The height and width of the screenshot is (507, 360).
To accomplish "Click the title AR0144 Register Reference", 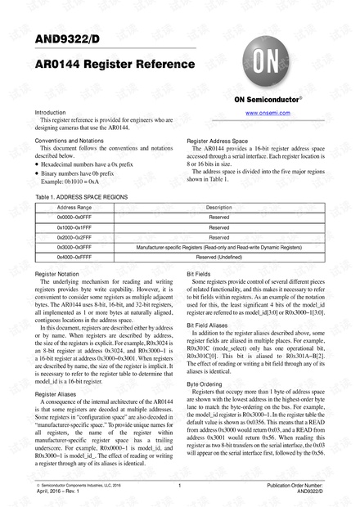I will pos(115,64).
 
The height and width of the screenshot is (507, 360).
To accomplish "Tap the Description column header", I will pos(218,208).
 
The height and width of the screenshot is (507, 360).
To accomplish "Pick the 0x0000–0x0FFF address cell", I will pos(69,217).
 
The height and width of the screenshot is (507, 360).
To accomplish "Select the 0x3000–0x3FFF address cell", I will pos(69,246).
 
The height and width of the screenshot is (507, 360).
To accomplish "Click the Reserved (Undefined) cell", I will pos(218,256).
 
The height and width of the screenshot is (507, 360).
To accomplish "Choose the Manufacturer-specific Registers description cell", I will pos(218,246).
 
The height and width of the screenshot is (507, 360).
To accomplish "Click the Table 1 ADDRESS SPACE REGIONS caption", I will pos(81,198).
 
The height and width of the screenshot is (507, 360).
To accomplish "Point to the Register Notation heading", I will pos(56,273).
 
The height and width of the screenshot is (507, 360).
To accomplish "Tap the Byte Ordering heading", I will pos(205,384).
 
